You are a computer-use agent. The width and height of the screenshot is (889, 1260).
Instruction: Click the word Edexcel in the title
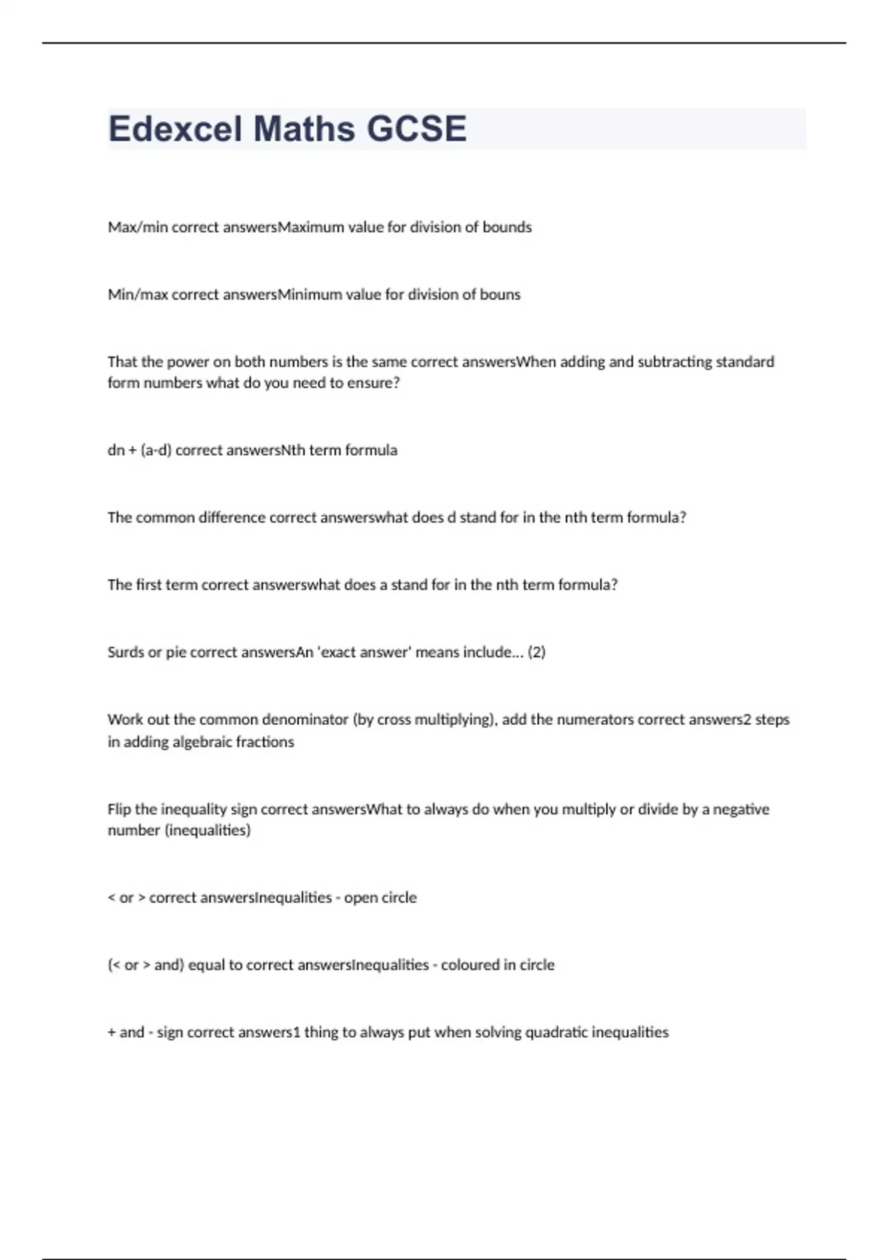tap(175, 129)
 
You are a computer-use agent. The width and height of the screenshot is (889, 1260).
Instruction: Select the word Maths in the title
tap(304, 129)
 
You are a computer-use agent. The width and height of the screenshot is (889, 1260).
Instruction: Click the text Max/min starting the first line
tap(138, 228)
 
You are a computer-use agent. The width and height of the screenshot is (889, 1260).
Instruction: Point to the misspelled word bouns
tap(500, 294)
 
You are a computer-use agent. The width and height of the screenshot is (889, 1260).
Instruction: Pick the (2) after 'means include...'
tap(536, 652)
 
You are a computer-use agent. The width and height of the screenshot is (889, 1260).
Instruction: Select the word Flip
tap(119, 809)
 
